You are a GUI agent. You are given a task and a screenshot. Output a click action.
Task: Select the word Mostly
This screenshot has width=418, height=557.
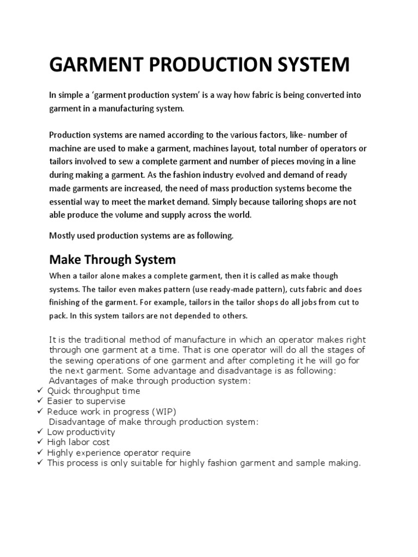click(62, 236)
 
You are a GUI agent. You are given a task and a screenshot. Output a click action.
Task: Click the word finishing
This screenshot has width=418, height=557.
click(67, 302)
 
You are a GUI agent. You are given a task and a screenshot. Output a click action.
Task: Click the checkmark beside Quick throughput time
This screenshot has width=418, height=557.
click(40, 391)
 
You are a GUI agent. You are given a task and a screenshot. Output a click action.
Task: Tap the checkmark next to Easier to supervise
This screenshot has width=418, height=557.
click(40, 401)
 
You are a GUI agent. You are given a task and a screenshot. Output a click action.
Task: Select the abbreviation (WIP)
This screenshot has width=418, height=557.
click(162, 411)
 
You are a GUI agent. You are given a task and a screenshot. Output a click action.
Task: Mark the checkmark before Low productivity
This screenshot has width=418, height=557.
click(40, 432)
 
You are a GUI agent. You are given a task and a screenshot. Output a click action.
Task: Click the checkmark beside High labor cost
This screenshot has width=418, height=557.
click(40, 442)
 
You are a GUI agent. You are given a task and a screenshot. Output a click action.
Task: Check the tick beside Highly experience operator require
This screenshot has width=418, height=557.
click(40, 453)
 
